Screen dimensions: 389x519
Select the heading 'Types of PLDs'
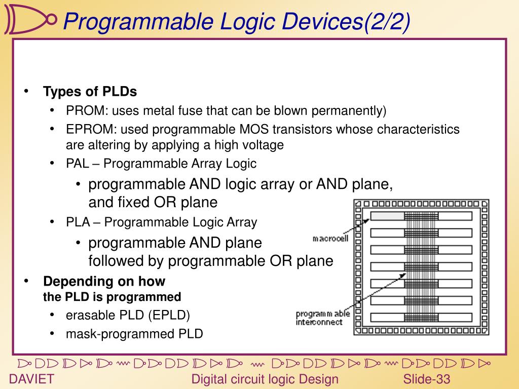click(x=90, y=92)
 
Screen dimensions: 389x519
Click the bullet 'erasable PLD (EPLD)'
click(x=128, y=315)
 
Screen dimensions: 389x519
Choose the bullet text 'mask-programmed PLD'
click(x=134, y=334)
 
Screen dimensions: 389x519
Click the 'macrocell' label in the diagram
click(x=330, y=239)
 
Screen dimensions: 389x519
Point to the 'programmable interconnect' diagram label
click(x=322, y=318)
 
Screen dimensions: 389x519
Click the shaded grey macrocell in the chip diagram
click(x=387, y=216)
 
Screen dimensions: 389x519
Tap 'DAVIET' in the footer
click(x=32, y=379)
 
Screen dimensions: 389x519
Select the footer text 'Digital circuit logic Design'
click(x=265, y=379)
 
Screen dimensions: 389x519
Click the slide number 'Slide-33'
click(x=427, y=379)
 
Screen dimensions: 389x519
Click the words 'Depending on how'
click(x=104, y=281)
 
